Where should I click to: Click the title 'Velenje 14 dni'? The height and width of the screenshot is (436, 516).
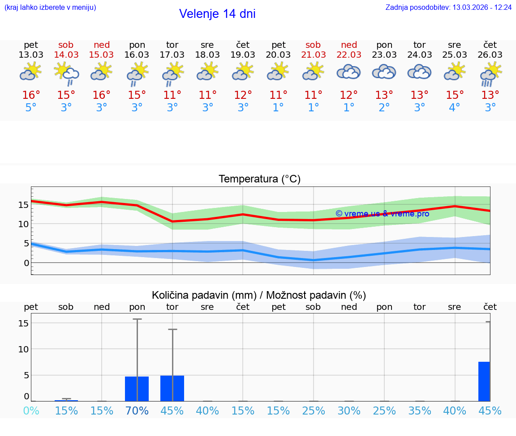click(x=217, y=14)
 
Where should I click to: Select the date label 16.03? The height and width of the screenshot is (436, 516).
click(x=137, y=55)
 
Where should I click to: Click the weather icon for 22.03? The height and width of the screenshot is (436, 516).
click(x=348, y=72)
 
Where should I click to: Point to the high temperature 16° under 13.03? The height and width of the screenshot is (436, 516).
click(x=31, y=95)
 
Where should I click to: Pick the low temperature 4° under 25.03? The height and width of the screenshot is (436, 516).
click(x=455, y=108)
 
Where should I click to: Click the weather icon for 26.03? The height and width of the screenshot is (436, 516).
click(x=490, y=73)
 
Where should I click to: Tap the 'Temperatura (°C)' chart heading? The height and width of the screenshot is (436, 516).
click(x=259, y=179)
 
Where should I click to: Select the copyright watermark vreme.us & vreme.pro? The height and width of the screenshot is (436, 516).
click(x=382, y=214)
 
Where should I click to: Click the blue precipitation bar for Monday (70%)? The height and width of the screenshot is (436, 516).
click(x=137, y=389)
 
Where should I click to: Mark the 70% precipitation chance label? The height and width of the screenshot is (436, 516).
click(x=137, y=411)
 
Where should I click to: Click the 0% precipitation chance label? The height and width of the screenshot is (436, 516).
click(x=31, y=411)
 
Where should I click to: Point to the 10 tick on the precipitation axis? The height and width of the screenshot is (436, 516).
click(x=23, y=349)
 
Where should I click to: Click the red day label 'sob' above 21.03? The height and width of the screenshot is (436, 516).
click(x=313, y=45)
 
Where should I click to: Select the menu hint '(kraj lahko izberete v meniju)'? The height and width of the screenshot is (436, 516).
click(x=50, y=8)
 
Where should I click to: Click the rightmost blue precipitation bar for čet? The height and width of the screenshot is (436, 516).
click(x=484, y=381)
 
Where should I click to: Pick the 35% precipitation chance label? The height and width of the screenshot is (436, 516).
click(x=419, y=411)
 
